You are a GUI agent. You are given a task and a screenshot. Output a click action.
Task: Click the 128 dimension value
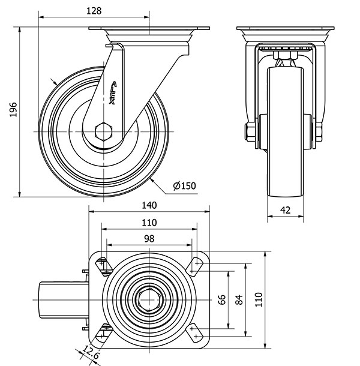point(94,11)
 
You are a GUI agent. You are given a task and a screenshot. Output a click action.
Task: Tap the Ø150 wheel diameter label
point(184,185)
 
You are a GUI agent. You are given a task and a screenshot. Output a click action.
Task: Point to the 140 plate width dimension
point(149,205)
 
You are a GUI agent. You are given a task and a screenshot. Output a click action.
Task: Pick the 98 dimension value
point(149,238)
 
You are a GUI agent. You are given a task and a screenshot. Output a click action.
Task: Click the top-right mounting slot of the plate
point(195,265)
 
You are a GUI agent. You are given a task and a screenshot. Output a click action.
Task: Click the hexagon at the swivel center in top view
point(149,299)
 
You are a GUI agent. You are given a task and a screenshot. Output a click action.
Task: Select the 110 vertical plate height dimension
point(259,299)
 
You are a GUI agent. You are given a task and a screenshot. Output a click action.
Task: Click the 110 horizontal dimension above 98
point(149,222)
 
